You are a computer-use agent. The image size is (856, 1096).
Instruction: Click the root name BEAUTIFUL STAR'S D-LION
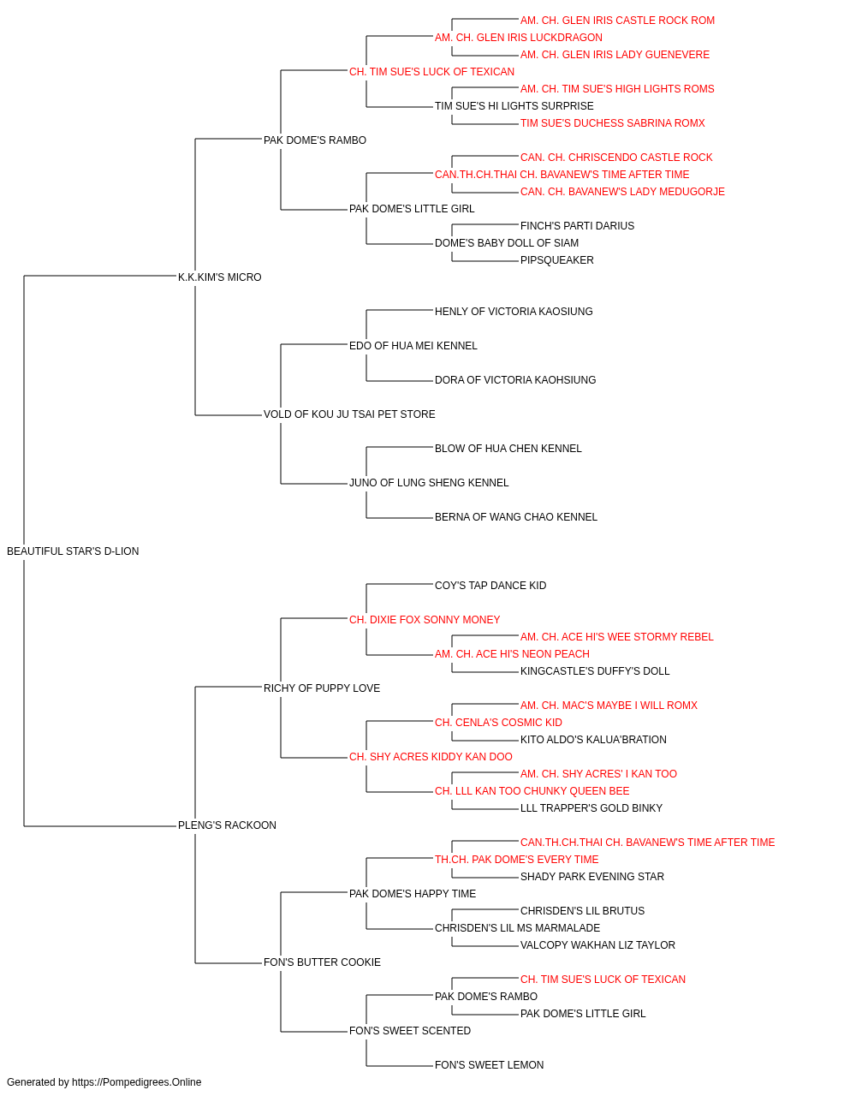click(73, 551)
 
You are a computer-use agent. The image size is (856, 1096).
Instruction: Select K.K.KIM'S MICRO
click(219, 277)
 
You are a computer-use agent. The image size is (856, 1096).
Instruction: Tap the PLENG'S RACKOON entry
click(227, 825)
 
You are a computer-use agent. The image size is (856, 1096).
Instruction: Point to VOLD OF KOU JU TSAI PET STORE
click(349, 414)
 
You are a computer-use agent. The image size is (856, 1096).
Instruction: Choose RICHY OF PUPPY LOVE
click(322, 688)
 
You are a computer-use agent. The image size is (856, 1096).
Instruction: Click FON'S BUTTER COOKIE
click(322, 962)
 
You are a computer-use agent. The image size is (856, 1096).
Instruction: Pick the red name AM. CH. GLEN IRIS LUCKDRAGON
click(518, 38)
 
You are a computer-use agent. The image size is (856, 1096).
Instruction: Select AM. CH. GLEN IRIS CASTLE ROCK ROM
click(617, 21)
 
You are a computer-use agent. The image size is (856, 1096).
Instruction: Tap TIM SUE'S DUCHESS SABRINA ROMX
click(613, 123)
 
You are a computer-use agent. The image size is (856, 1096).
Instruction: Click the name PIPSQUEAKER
click(557, 260)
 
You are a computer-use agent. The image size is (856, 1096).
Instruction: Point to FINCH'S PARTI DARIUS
click(577, 226)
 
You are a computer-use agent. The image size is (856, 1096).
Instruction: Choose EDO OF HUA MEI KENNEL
click(413, 346)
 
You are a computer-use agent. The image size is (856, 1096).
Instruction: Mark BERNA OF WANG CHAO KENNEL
click(515, 517)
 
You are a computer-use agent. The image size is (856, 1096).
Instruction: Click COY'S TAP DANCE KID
click(490, 586)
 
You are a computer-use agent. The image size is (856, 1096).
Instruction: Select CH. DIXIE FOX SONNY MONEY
click(425, 620)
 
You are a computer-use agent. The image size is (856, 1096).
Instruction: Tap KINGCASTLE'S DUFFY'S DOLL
click(595, 671)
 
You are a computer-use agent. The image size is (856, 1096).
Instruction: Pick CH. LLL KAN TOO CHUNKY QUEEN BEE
click(532, 791)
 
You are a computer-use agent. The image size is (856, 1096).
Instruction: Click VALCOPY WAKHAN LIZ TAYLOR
click(597, 945)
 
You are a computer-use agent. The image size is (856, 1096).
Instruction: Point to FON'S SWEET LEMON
click(489, 1065)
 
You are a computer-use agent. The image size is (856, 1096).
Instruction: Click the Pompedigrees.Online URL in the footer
click(137, 1082)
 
